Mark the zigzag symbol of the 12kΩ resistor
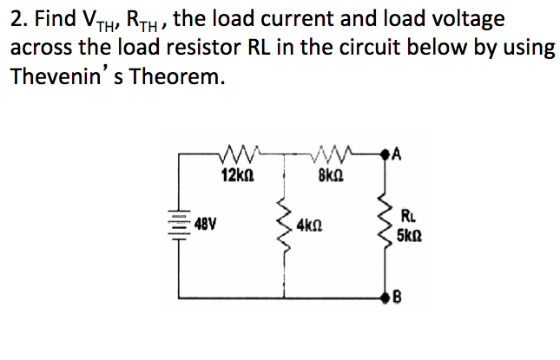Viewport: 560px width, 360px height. pyautogui.click(x=236, y=156)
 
